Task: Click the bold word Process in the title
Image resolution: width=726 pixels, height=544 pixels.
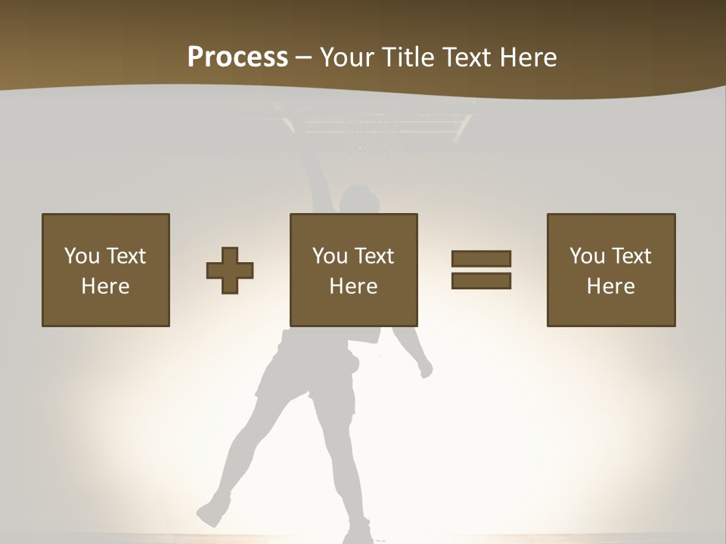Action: (237, 57)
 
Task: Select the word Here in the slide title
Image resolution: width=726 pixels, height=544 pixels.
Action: (527, 57)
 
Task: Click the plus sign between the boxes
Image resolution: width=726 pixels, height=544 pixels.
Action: (230, 270)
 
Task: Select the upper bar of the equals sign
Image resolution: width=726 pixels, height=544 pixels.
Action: (481, 258)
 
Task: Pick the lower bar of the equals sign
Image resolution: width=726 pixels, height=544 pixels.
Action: (481, 280)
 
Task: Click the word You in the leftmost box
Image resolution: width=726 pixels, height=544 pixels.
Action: (81, 255)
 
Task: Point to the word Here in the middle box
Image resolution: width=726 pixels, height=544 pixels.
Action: (353, 286)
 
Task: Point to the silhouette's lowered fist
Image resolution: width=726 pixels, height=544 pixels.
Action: (426, 369)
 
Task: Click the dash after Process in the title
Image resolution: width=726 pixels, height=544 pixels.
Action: (303, 57)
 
